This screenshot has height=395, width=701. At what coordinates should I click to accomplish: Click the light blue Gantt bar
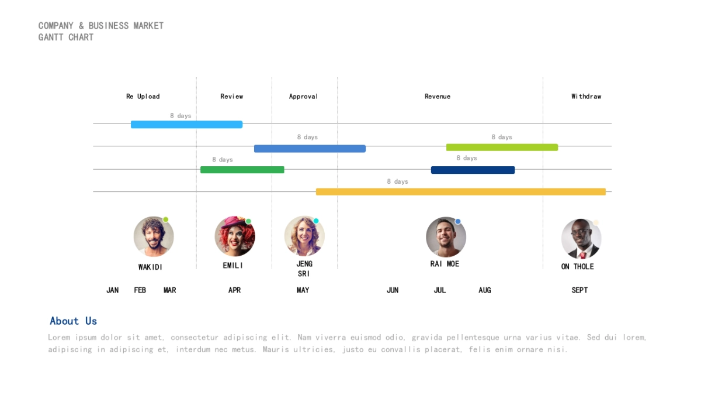186,125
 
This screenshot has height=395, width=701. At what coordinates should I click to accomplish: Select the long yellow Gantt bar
460,192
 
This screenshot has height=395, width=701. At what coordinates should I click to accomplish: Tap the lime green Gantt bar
502,147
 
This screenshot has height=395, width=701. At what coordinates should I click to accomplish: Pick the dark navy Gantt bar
473,170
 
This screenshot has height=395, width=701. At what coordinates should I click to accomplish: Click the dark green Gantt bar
242,170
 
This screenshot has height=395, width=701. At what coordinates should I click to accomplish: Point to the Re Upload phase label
143,97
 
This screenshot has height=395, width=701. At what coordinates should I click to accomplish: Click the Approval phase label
303,97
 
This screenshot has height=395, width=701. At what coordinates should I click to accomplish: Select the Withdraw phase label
586,97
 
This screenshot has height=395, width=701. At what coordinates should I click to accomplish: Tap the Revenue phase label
438,97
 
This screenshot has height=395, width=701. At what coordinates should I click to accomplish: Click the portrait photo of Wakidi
154,236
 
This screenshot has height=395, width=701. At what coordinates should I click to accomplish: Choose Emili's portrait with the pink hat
235,236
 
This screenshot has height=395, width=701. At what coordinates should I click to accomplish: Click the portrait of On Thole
581,239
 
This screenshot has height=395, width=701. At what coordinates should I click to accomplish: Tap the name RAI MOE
445,264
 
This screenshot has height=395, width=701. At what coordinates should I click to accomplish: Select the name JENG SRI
304,269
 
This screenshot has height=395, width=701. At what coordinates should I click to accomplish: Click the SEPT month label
579,290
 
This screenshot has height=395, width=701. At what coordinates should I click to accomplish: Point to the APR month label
234,290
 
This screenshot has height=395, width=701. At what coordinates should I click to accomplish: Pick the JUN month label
393,290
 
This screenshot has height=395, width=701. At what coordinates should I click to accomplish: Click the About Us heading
73,321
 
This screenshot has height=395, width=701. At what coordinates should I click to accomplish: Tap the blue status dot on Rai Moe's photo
458,221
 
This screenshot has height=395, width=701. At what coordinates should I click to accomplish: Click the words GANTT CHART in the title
66,37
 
